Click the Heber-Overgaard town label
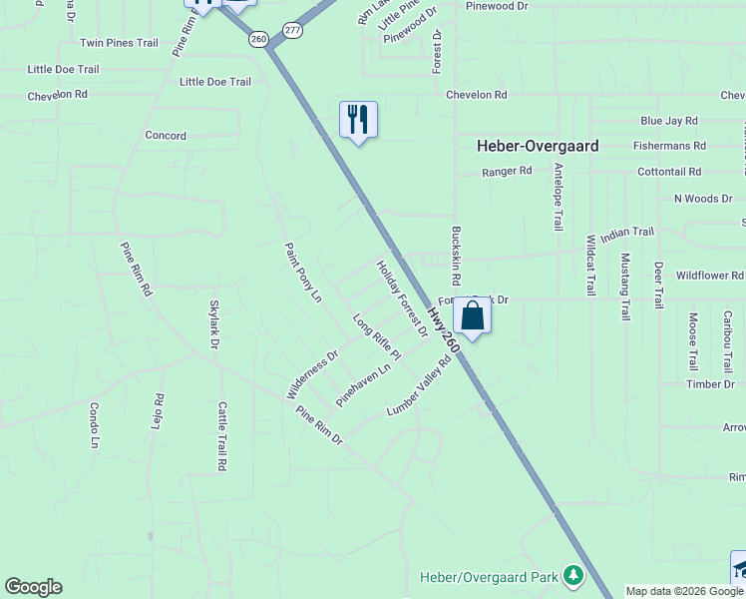[538, 146]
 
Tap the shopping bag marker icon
[472, 317]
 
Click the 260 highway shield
[259, 38]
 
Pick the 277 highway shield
[291, 31]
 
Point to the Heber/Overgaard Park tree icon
[572, 576]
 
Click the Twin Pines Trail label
[120, 43]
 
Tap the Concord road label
[166, 136]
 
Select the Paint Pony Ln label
[303, 272]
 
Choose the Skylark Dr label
[213, 324]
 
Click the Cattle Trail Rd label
[221, 436]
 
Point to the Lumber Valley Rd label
[419, 387]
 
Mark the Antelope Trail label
[559, 197]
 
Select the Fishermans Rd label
[669, 146]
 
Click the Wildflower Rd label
[709, 275]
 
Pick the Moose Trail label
[693, 342]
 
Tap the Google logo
[33, 587]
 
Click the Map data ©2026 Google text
[685, 591]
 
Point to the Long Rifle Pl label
[377, 337]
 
